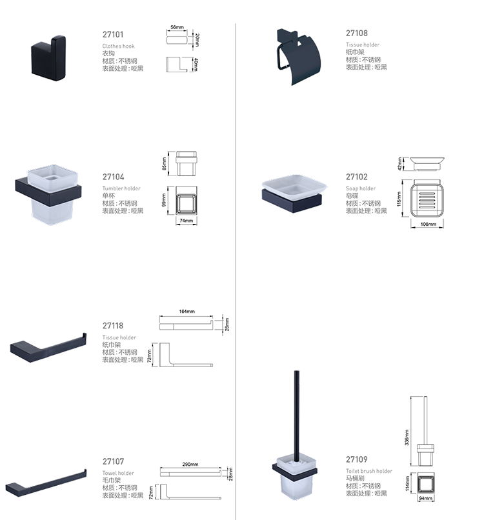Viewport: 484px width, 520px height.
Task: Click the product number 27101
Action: point(113,34)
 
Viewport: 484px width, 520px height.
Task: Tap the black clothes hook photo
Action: point(48,58)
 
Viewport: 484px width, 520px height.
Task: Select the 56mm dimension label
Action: point(177,27)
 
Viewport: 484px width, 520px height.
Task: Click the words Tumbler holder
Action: point(121,188)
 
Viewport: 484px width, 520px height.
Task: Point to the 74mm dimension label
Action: point(186,221)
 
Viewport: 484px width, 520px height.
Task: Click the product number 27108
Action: point(357,33)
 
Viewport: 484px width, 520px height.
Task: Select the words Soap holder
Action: point(361,188)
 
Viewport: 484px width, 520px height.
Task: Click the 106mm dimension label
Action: point(428,224)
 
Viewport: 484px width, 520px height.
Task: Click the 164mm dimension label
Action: point(187,312)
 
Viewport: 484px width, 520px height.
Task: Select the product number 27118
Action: point(113,326)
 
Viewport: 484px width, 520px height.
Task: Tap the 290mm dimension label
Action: point(190,465)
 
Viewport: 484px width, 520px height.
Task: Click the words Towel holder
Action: point(118,474)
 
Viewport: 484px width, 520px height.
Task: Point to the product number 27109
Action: point(357,459)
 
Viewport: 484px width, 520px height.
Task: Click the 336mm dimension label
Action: point(407,437)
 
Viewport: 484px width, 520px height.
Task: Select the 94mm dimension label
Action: point(425,498)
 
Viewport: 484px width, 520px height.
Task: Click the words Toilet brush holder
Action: point(369,471)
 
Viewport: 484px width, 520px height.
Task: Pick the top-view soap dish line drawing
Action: point(427,199)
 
